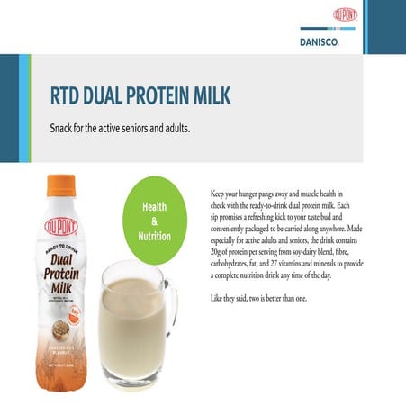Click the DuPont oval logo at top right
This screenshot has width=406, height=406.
point(345,14)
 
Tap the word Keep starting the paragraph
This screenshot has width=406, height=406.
point(217,194)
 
